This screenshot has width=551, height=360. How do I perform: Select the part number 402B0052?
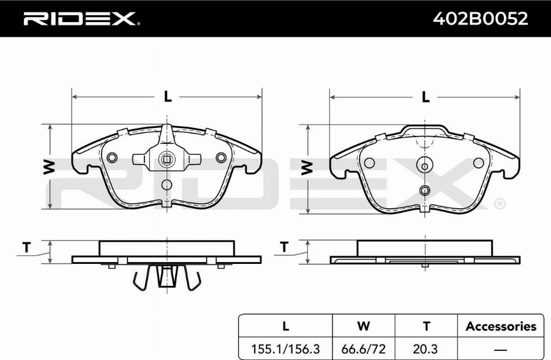pos(480,18)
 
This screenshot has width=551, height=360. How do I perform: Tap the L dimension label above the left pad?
pos(168,97)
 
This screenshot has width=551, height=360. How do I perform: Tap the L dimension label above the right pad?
pos(425,97)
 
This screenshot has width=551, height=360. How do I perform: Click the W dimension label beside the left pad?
pos(50,167)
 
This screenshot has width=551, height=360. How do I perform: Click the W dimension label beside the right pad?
pos(307,167)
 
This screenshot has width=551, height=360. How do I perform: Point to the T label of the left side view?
pos(27,247)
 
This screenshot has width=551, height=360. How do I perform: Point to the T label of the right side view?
pos(284,247)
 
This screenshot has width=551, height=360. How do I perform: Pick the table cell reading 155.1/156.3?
pos(285,349)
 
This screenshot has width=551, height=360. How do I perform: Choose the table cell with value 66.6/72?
pos(363,349)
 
